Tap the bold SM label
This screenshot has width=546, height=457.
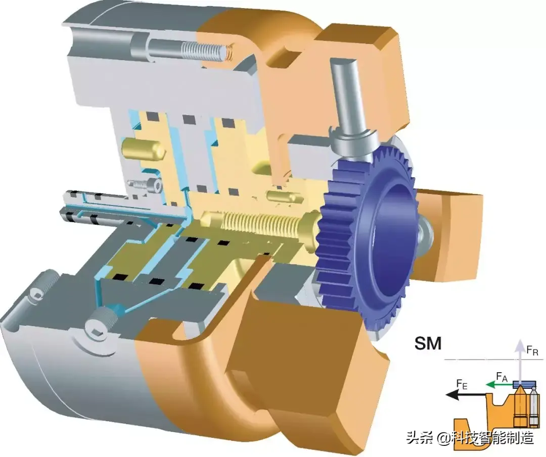point(428,343)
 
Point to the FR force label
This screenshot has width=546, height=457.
point(532,350)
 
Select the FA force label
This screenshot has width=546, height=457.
point(502,377)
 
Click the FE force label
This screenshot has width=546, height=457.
point(462,384)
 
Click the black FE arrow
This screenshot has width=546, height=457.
point(465,395)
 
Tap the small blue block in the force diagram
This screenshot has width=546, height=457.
point(524,383)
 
